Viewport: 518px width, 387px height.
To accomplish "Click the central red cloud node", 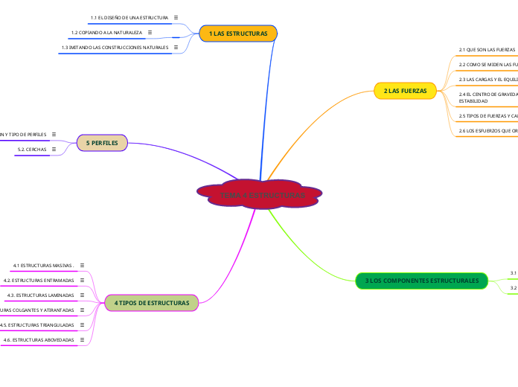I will pos(259,194).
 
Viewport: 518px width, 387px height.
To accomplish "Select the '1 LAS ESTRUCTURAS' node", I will pos(238,33).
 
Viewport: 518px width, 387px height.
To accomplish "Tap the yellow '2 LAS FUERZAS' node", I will pos(405,91).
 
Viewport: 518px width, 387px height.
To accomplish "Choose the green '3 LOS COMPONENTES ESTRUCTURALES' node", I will pos(422,281).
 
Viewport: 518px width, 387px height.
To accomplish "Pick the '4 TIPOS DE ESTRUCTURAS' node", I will pos(152,303).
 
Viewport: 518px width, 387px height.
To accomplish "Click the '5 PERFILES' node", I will pos(103,141).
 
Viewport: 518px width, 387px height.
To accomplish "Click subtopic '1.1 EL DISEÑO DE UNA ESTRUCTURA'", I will pos(129,16).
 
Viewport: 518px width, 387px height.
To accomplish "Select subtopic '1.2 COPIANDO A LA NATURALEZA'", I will pos(106,33).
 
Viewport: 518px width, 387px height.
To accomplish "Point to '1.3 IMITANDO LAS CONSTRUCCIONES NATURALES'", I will pos(115,48).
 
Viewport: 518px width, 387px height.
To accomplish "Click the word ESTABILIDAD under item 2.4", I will pos(473,101).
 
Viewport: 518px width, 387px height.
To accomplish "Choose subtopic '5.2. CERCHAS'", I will pos(31,150).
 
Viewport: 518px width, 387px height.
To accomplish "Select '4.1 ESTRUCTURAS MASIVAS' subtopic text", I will pos(42,265).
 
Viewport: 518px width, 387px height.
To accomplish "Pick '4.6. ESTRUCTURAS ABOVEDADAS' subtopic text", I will pos(39,340).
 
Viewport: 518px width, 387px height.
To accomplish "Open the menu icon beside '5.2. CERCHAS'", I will pos(54,150).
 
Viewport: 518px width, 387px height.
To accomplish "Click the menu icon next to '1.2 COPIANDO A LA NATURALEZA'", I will pos(150,33).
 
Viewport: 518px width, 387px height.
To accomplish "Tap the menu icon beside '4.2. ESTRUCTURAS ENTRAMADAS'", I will pos(82,280).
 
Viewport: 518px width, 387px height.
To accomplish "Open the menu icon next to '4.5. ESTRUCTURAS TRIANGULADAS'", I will pos(82,325).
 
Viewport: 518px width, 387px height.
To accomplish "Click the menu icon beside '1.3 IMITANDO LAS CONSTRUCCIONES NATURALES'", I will pos(176,48).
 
